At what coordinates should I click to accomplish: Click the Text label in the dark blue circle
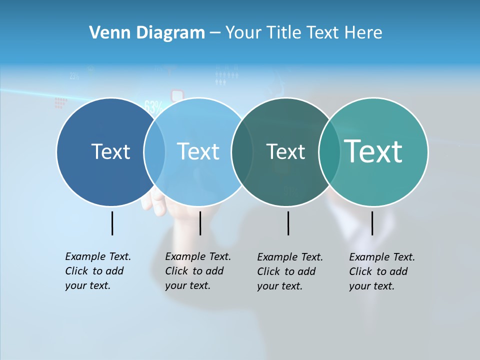tap(110, 151)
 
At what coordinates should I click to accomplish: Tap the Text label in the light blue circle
tap(198, 151)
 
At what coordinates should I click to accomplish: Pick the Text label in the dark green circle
tap(285, 151)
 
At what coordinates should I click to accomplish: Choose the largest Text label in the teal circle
tap(373, 151)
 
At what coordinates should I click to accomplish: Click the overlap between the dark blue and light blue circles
tap(154, 152)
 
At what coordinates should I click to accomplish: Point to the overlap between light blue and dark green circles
tap(242, 152)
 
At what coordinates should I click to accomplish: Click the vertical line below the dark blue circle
tap(112, 223)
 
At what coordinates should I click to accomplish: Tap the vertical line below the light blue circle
tap(200, 223)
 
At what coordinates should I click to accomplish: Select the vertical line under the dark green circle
tap(288, 223)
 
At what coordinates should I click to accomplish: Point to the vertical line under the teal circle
tap(372, 223)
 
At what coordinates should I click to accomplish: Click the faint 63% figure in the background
tap(153, 106)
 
